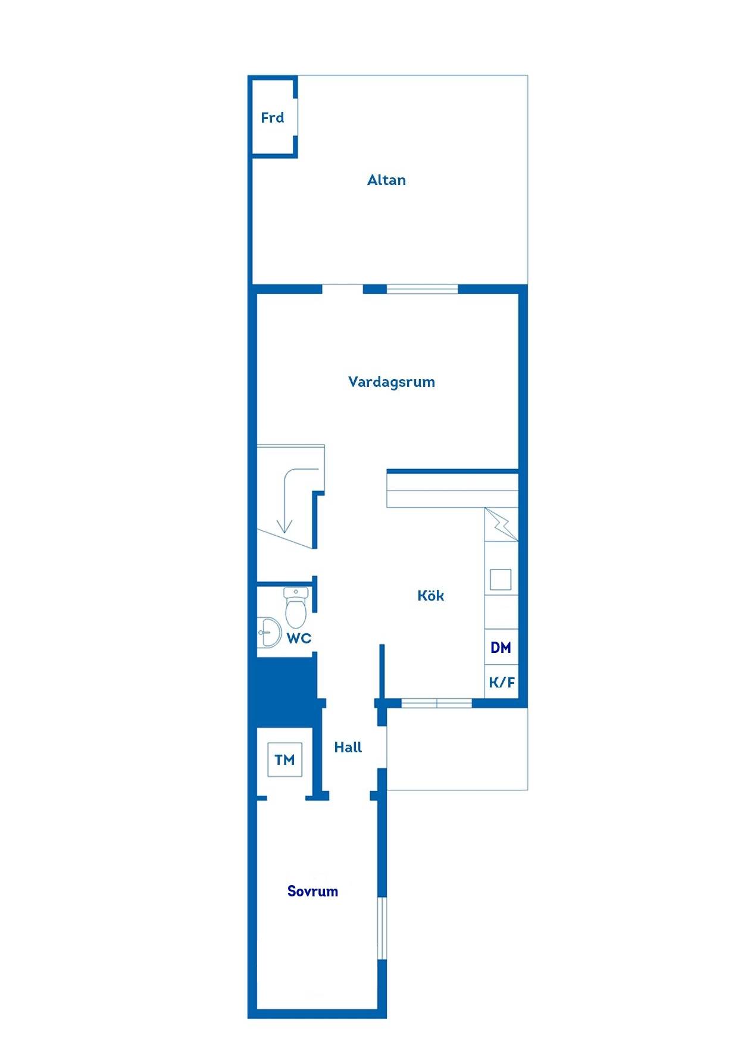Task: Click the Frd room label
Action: [x=273, y=118]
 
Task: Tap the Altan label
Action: [x=386, y=180]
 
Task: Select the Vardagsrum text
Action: [x=392, y=382]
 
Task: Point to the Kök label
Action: [x=430, y=595]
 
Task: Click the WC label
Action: [x=299, y=639]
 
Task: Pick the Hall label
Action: [x=348, y=747]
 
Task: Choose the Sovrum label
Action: [x=312, y=891]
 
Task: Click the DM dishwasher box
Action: [x=501, y=647]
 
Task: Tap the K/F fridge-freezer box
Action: [x=501, y=682]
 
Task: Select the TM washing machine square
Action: [x=285, y=759]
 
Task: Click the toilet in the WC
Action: [x=296, y=607]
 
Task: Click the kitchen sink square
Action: [x=501, y=579]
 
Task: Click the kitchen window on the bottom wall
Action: [x=437, y=704]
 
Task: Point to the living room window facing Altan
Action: [x=423, y=289]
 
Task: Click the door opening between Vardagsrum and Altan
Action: [x=343, y=289]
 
